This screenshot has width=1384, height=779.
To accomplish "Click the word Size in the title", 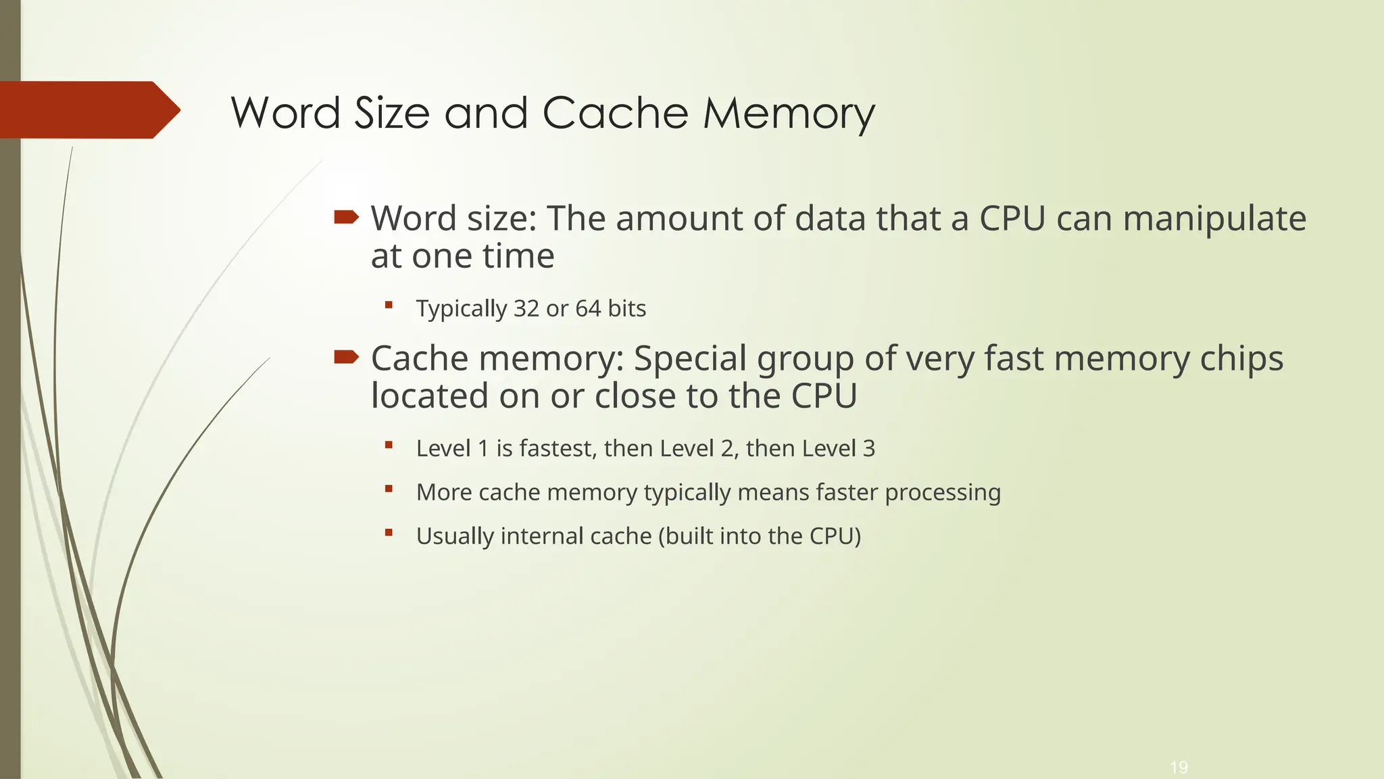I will point(392,113).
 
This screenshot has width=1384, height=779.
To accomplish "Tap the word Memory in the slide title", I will point(789,113).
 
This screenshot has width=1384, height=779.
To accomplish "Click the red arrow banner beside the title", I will point(88,110).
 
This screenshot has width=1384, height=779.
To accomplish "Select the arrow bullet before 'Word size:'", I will point(346,217).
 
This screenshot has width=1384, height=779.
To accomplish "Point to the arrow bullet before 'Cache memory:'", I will point(346,357).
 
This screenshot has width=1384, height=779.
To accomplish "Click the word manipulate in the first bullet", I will point(1214,218).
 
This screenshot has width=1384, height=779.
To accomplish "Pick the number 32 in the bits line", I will point(526,308).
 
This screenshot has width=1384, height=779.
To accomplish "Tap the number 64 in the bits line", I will point(588,308).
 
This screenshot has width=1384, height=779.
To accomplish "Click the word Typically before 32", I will point(462,309).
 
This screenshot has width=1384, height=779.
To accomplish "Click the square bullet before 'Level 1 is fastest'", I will point(389,445).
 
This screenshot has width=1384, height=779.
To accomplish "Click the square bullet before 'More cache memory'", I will point(389,489).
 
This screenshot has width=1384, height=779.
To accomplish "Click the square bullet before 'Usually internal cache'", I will point(389,533).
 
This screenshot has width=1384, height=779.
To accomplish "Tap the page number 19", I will point(1179,768).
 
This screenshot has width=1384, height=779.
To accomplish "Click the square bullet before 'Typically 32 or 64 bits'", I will point(389,305).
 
